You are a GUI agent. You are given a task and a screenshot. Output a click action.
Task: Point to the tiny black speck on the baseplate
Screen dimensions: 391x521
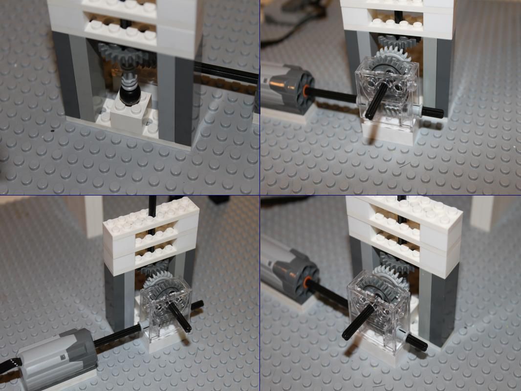(52, 131)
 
